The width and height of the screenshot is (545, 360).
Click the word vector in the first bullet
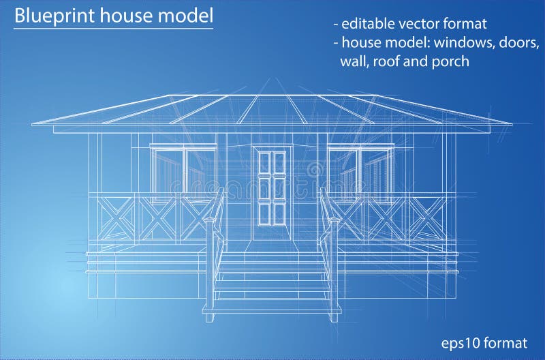coord(417,24)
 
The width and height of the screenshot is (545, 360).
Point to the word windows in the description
coord(463,42)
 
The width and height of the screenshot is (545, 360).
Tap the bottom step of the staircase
coord(272,307)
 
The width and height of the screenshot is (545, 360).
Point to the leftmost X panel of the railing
coord(116,217)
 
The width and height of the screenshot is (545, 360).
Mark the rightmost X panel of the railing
coord(428,217)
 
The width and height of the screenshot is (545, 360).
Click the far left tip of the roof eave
coord(33,123)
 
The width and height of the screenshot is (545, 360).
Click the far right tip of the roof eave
coord(510,123)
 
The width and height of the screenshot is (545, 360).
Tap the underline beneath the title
coord(113,28)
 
